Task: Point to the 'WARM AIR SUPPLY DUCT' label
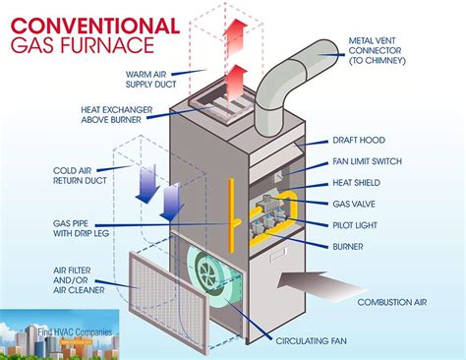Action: click(158, 79)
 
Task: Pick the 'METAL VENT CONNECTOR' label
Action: click(405, 47)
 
